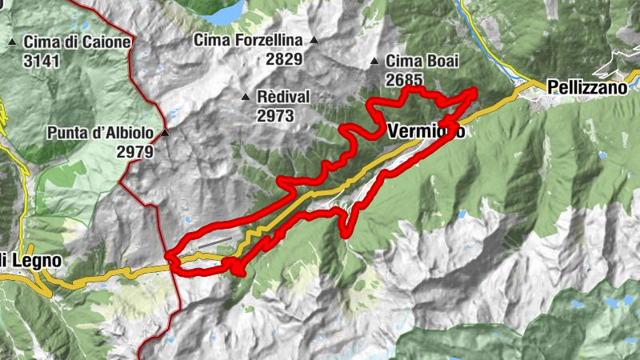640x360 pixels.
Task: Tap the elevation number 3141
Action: coord(42,61)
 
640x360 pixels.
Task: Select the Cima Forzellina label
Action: coord(249,39)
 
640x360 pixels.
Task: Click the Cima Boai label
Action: coord(420,61)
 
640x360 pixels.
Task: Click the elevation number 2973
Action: coord(276,115)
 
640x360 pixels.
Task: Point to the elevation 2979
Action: coord(134,151)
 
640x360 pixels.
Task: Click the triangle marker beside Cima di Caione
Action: coord(13,42)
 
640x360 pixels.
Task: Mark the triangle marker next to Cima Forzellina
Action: coord(314,39)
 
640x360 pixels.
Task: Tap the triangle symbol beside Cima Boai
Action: coord(374,61)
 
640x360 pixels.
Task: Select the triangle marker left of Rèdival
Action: coord(246,97)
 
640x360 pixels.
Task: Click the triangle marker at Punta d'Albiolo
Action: coord(165,133)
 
